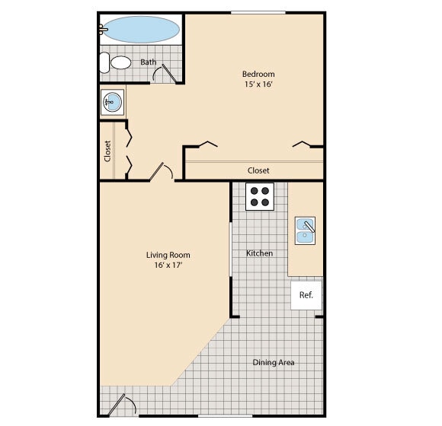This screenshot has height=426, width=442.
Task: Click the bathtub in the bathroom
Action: pos(141,30)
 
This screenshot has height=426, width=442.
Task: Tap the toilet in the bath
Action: pos(119,62)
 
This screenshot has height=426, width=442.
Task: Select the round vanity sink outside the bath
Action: pos(113,101)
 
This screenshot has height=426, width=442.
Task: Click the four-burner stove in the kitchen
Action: pos(259,197)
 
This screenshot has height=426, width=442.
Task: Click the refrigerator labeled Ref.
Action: pos(306,294)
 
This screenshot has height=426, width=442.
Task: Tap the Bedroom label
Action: pos(258,74)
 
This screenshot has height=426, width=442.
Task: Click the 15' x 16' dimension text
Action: pos(258,84)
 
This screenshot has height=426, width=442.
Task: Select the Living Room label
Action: pos(168,255)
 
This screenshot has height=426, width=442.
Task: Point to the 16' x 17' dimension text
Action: pos(168,265)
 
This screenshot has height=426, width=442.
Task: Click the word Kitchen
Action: pos(259,253)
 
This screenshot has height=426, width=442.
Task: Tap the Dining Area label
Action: pos(274,362)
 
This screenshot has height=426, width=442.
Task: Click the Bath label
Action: pos(148,62)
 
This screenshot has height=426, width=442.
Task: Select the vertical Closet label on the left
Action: pos(108,151)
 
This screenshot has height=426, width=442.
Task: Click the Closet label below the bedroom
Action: pos(258,170)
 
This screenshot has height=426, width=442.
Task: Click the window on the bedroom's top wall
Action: pos(258,12)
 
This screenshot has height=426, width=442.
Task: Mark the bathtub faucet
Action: pos(103,30)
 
